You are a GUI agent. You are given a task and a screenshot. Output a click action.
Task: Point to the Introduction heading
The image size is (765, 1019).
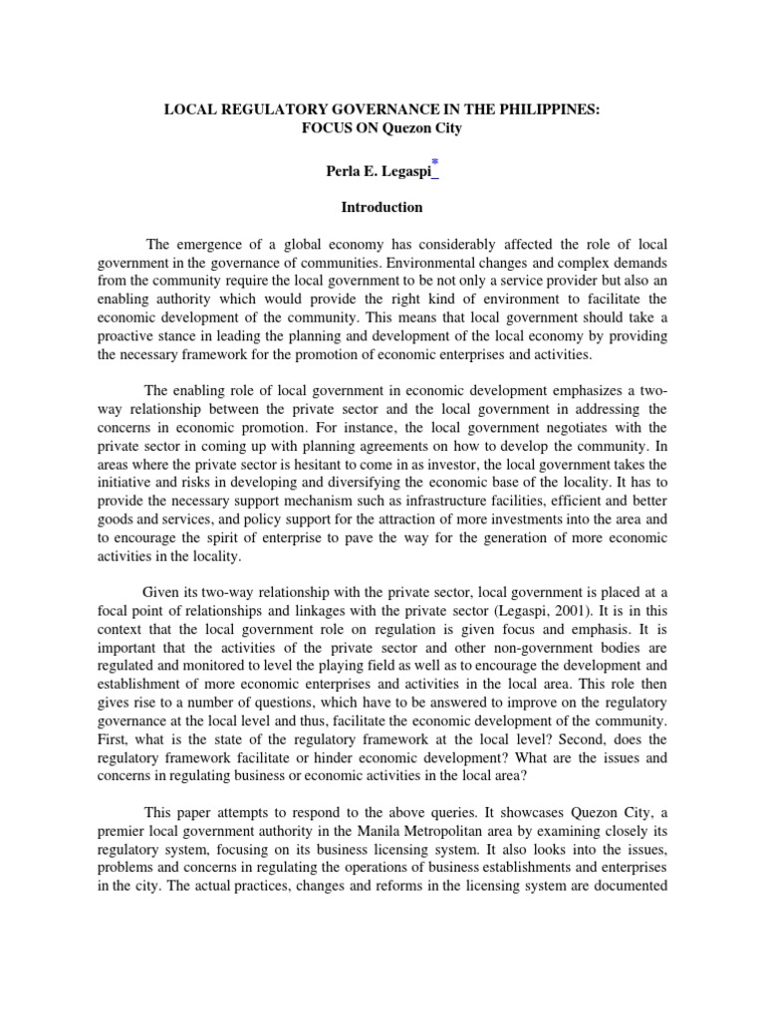(382, 208)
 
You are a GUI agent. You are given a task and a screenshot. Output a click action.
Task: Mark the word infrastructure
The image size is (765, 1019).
(420, 502)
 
